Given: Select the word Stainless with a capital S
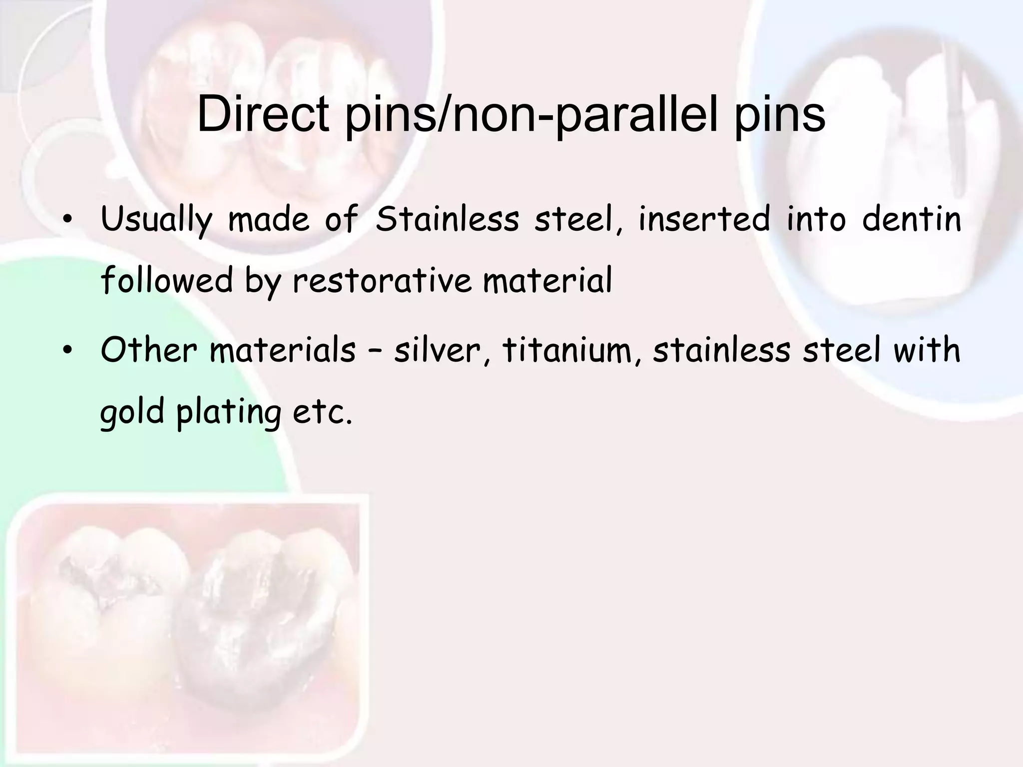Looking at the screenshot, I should click(x=448, y=219).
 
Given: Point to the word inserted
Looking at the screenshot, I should click(x=704, y=219).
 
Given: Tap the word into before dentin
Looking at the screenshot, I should click(x=816, y=219).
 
